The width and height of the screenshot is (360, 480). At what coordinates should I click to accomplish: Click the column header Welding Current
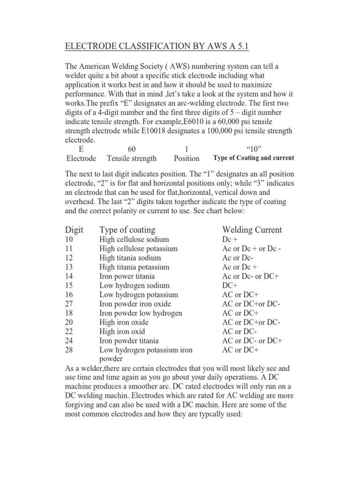click(252, 230)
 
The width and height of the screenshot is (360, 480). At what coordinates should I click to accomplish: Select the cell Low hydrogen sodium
click(135, 285)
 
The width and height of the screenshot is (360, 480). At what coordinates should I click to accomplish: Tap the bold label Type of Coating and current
click(254, 158)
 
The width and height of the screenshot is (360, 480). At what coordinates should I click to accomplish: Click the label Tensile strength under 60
click(132, 158)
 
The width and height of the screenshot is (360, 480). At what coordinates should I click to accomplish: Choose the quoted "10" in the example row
click(254, 149)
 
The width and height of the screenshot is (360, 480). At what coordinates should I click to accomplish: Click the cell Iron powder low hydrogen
click(141, 313)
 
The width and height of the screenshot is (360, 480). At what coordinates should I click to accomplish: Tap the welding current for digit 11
click(252, 248)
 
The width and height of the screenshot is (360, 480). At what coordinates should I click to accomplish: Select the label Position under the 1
click(187, 158)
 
